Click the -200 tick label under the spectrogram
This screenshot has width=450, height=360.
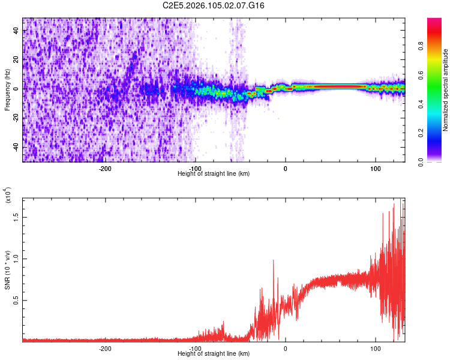pyautogui.click(x=104, y=169)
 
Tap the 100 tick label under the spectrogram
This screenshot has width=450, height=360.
pyautogui.click(x=376, y=169)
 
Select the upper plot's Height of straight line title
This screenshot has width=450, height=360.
pyautogui.click(x=214, y=174)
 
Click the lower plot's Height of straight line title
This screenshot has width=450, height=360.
pyautogui.click(x=214, y=354)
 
